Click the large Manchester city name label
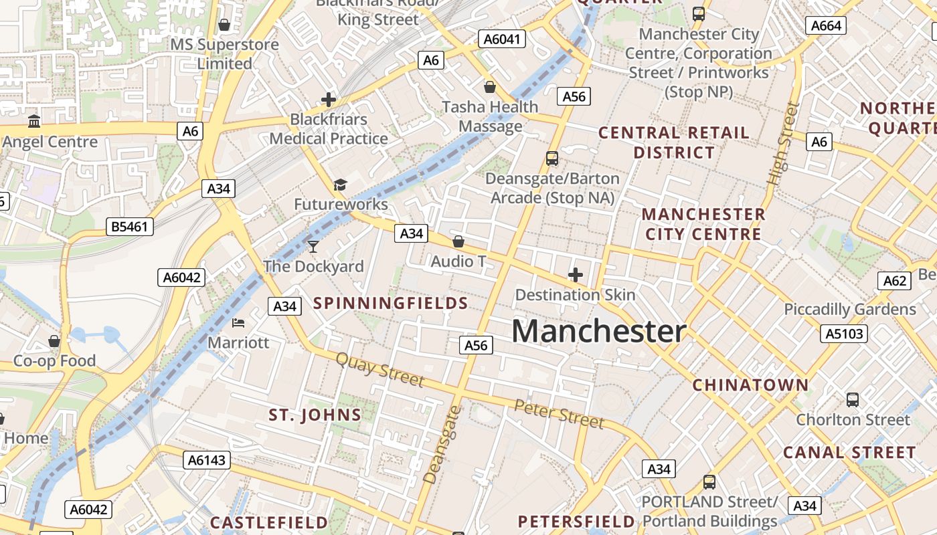click(x=599, y=331)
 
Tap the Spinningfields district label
click(x=391, y=304)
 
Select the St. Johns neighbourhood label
click(x=315, y=415)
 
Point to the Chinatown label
click(x=750, y=385)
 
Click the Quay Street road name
click(x=379, y=370)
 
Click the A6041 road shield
click(x=501, y=39)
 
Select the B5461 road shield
click(x=130, y=227)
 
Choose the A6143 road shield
click(x=207, y=460)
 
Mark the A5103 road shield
click(x=844, y=334)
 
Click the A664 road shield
click(x=826, y=26)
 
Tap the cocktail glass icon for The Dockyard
click(x=313, y=247)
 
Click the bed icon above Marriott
click(x=238, y=323)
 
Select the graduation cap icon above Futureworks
click(x=341, y=185)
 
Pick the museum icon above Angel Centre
click(x=34, y=121)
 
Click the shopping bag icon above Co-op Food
click(x=54, y=341)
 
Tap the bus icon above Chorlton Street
click(x=853, y=400)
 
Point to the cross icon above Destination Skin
click(x=576, y=274)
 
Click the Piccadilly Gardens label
click(x=850, y=310)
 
